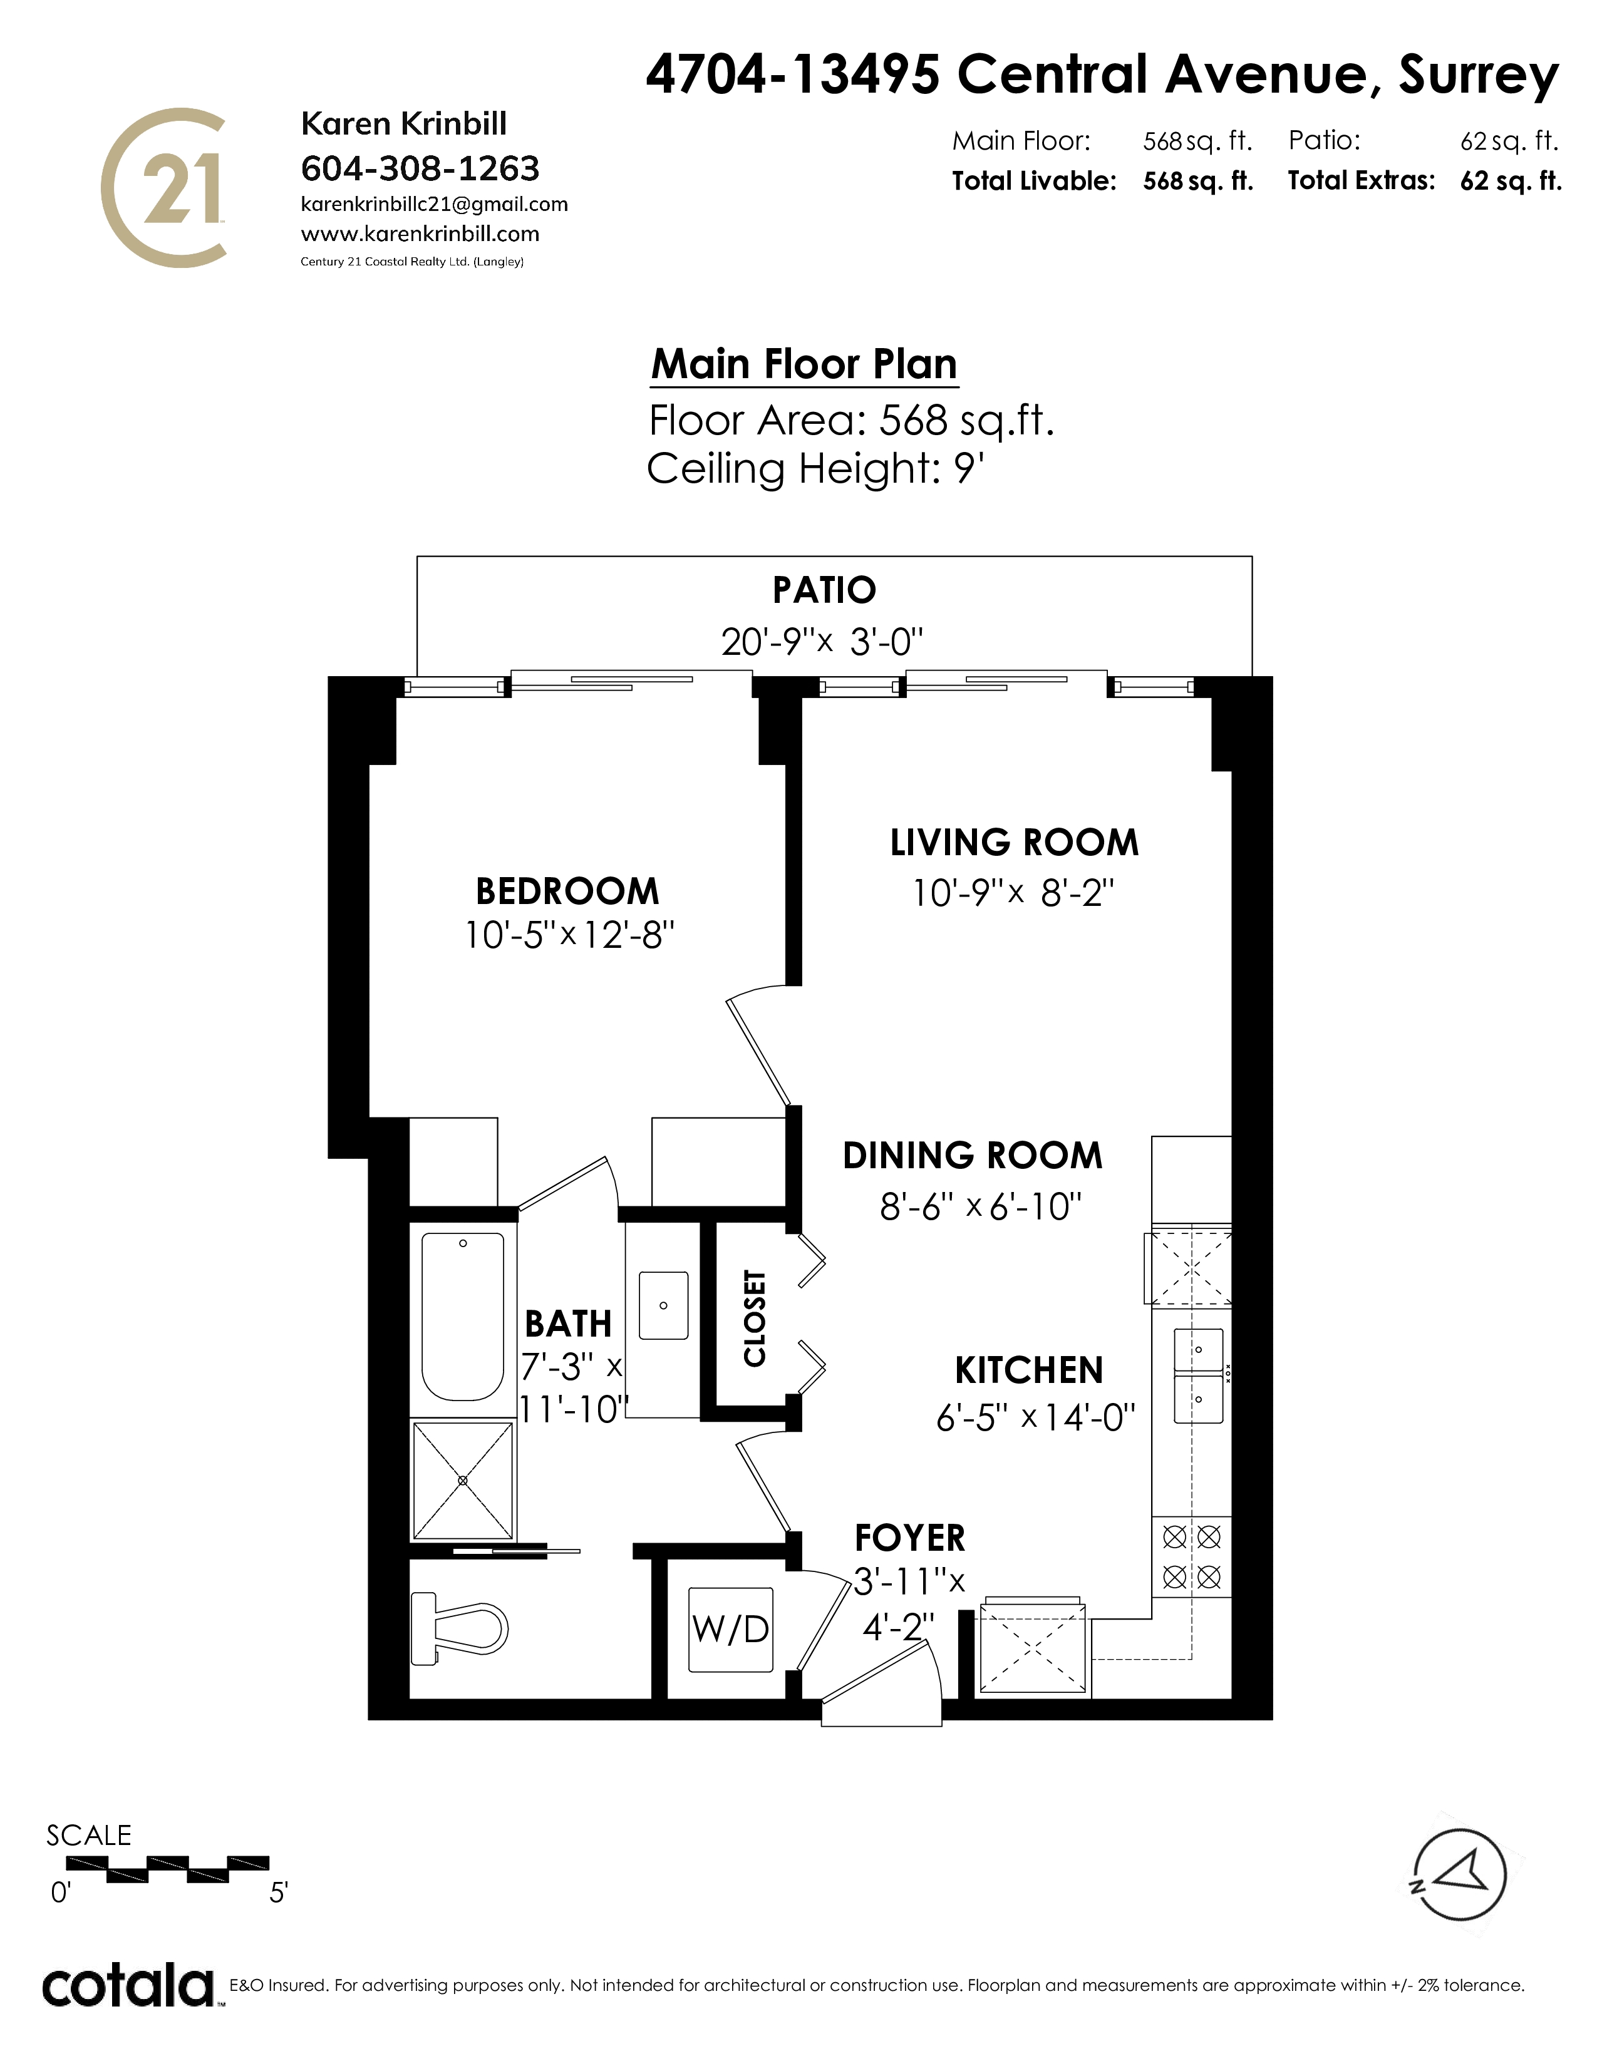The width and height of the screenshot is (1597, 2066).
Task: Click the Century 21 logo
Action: tap(163, 187)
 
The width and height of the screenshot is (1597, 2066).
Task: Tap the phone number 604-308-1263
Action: tap(420, 168)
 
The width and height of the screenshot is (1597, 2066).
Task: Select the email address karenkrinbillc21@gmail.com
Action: tap(434, 204)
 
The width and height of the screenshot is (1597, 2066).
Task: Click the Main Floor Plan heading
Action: tap(804, 364)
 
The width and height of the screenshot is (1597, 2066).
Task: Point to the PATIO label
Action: tap(824, 590)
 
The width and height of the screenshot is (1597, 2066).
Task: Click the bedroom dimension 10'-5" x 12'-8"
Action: tap(569, 935)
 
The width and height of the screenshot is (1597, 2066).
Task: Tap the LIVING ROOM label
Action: tap(1014, 843)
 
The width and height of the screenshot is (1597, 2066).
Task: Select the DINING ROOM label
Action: tap(973, 1156)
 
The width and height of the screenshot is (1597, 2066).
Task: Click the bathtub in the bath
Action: tap(463, 1317)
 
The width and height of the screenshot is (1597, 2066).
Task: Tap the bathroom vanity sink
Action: tap(663, 1305)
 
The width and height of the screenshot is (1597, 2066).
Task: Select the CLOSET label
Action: tap(754, 1318)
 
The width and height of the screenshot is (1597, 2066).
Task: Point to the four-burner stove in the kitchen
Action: tap(1191, 1557)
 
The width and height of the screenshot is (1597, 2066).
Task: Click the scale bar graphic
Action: tap(167, 1869)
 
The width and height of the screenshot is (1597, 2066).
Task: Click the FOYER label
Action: tap(909, 1538)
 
